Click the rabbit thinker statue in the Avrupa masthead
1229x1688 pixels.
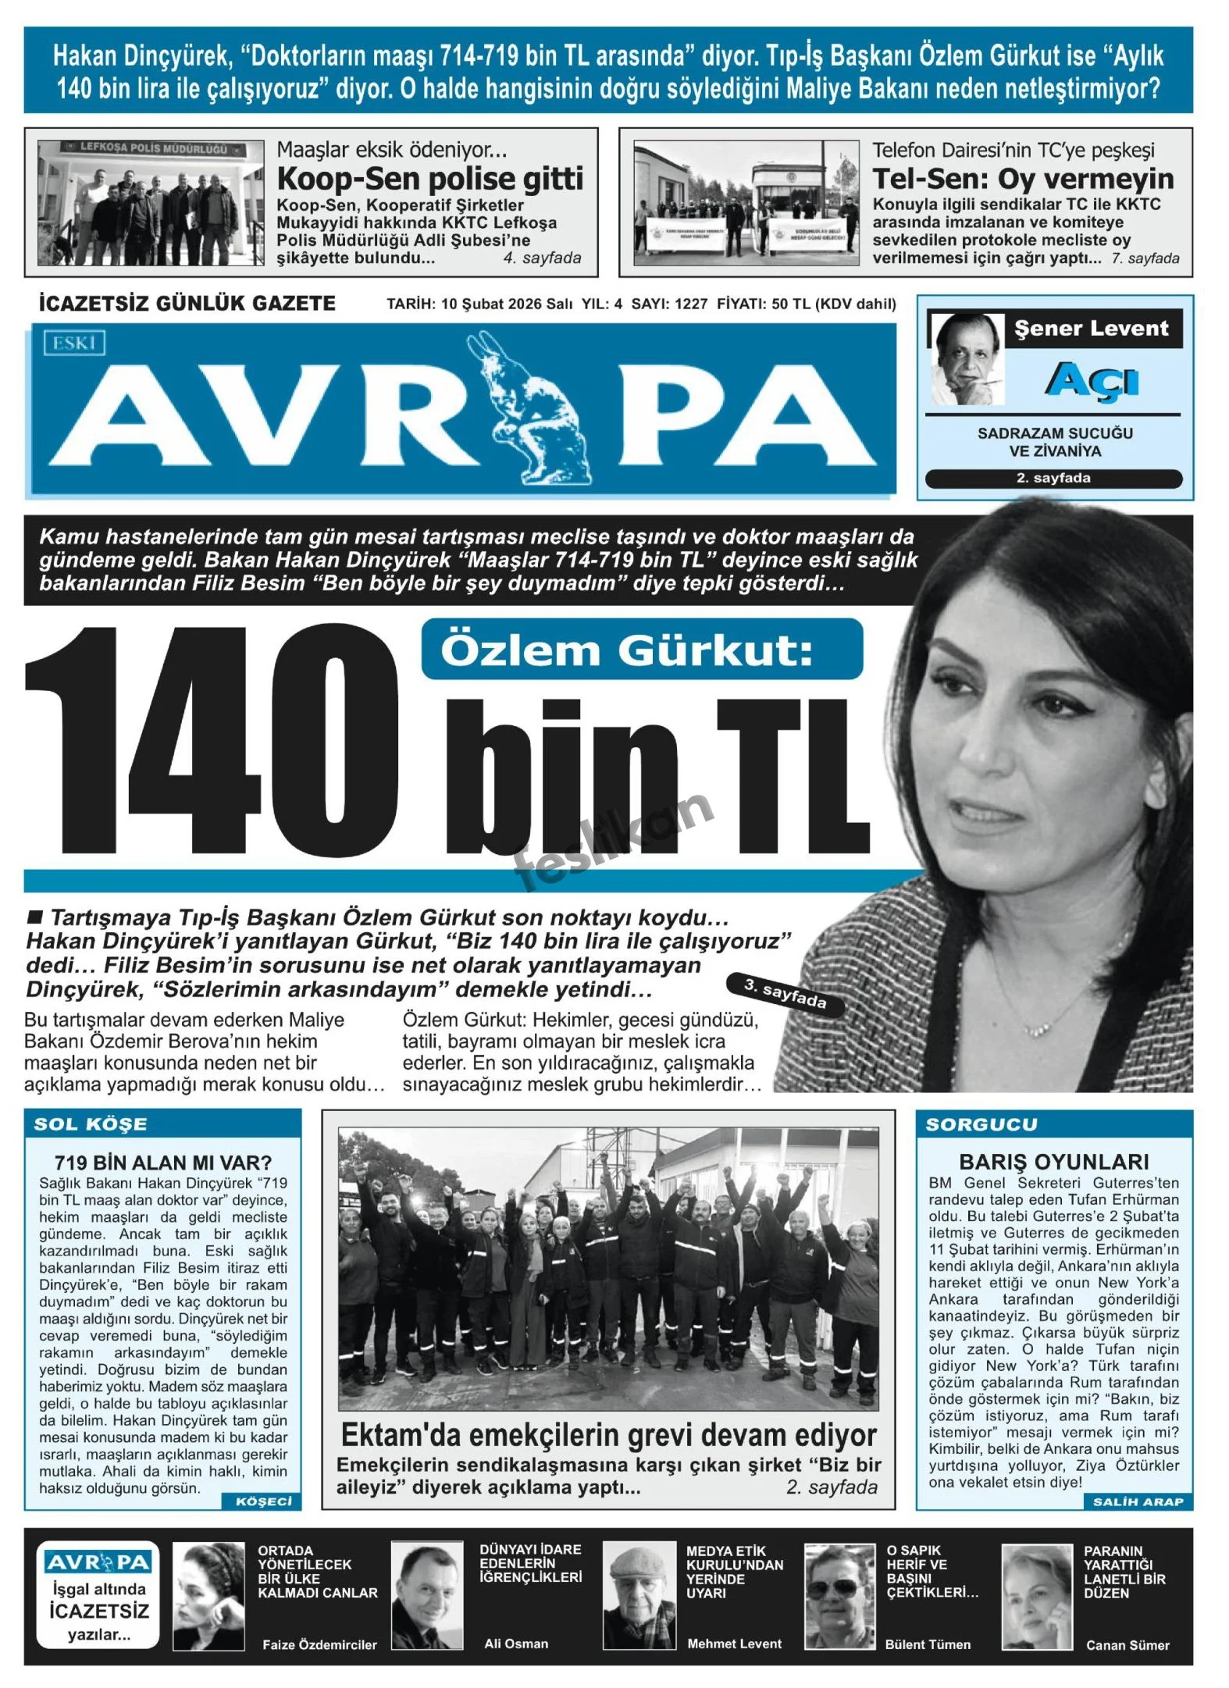pyautogui.click(x=531, y=410)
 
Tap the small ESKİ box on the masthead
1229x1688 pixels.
pyautogui.click(x=75, y=343)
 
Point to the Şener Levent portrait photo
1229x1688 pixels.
pyautogui.click(x=967, y=360)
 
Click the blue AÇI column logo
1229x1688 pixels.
pyautogui.click(x=1092, y=381)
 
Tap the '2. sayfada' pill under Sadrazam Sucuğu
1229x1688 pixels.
pyautogui.click(x=1053, y=479)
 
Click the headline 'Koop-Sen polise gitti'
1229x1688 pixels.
pyautogui.click(x=430, y=179)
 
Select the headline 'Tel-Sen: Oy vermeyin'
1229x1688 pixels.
pyautogui.click(x=1023, y=179)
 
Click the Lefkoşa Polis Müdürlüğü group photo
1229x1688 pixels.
pyautogui.click(x=151, y=203)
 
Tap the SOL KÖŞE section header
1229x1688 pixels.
pyautogui.click(x=91, y=1124)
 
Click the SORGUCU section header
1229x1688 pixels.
pyautogui.click(x=981, y=1124)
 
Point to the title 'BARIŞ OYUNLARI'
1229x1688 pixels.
pyautogui.click(x=1054, y=1162)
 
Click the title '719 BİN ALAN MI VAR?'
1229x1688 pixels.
pyautogui.click(x=162, y=1163)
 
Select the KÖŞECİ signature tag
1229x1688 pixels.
pyautogui.click(x=263, y=1501)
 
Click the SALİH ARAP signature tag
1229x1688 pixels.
pyautogui.click(x=1138, y=1501)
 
